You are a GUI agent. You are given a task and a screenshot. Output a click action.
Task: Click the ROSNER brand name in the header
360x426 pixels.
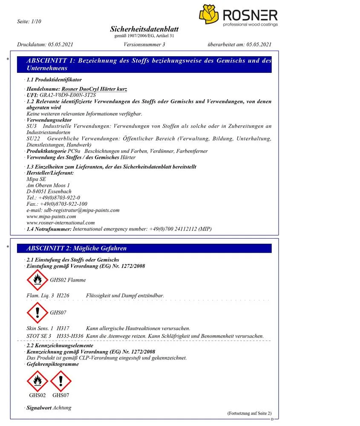(250, 16)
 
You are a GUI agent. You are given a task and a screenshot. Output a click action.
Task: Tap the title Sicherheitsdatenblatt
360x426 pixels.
(144, 29)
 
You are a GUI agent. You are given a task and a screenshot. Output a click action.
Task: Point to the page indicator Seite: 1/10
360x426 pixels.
(29, 21)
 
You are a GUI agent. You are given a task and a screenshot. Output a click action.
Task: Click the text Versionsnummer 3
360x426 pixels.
(144, 44)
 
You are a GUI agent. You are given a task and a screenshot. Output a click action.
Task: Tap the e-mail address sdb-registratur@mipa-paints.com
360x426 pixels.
(73, 210)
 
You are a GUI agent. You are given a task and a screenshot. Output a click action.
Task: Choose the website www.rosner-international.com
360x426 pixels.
(60, 222)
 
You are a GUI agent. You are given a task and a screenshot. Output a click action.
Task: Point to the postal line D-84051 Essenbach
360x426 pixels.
(49, 191)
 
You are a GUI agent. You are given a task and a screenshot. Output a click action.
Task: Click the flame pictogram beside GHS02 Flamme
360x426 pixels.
(37, 279)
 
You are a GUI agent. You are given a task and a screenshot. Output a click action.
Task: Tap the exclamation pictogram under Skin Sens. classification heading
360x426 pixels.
(37, 312)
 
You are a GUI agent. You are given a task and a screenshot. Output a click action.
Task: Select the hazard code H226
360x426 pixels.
(63, 295)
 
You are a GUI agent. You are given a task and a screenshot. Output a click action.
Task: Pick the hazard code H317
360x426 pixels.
(63, 328)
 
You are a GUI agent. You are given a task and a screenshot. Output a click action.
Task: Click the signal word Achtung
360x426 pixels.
(62, 408)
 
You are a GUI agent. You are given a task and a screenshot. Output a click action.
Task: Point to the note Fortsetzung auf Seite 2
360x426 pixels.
(249, 413)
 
